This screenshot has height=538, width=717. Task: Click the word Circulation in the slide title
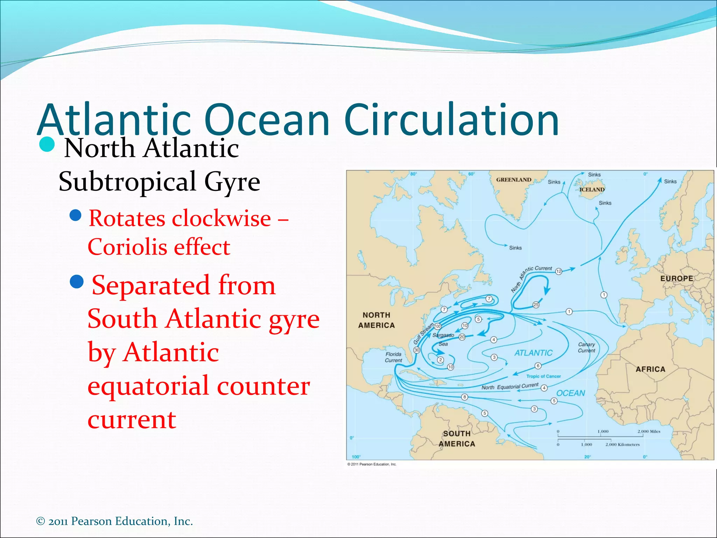[x=452, y=120]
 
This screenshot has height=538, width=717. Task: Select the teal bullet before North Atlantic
[x=47, y=144]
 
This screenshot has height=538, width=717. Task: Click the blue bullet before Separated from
[x=77, y=281]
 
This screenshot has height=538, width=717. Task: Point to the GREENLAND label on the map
[x=514, y=180]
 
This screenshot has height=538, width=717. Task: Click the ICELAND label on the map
[x=592, y=189]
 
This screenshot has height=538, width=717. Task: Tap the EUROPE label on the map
[x=676, y=278]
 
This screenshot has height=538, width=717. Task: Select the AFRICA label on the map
[x=650, y=369]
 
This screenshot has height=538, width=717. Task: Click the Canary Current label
[x=586, y=347]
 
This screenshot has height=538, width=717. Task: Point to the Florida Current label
[x=394, y=357]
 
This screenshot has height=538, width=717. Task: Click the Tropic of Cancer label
[x=543, y=376]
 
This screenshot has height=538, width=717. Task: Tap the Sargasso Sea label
[x=443, y=339]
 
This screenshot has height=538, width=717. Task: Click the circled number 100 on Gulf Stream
[x=438, y=326]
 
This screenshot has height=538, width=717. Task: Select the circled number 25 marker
[x=536, y=305]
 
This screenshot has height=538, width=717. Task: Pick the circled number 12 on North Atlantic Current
[x=559, y=271]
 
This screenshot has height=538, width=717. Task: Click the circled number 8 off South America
[x=465, y=397]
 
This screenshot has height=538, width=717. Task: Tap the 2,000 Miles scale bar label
[x=649, y=432]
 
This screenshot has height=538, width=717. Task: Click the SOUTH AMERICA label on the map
[x=457, y=439]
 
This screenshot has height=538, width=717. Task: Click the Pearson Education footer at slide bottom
[x=114, y=521]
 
